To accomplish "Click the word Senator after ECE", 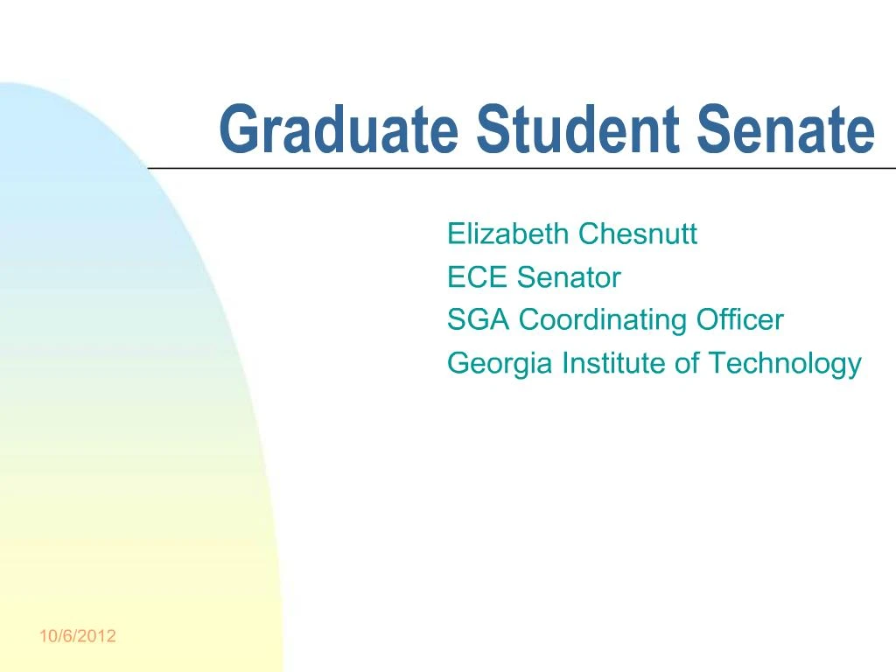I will point(568,277).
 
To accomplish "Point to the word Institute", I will point(613,362).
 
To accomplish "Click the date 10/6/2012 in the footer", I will point(77,636).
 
